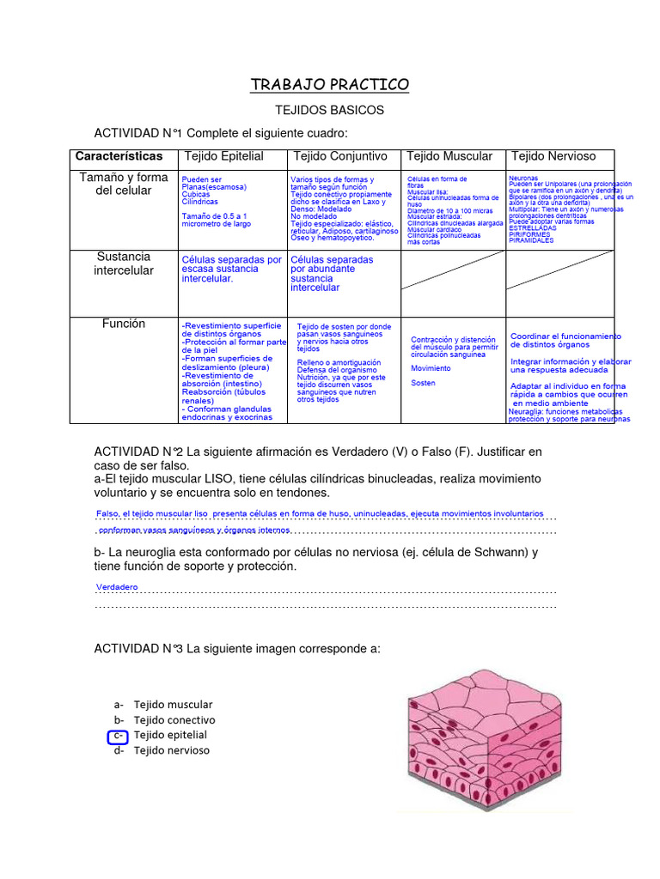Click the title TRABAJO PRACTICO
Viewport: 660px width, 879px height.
coord(330,85)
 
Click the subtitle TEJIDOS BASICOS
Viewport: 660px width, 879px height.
coord(329,111)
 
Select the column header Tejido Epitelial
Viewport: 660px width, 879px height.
coord(223,156)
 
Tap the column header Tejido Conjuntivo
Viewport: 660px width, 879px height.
coord(340,156)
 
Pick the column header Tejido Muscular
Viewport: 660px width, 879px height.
coord(449,156)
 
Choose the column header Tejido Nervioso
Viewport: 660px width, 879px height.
coord(553,156)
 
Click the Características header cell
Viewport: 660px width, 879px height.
coord(119,156)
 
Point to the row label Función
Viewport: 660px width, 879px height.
coord(124,324)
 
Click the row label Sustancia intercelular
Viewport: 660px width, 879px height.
coord(124,264)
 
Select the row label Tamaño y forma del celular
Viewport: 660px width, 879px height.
coord(124,184)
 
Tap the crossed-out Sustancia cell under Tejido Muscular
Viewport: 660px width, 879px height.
coord(453,270)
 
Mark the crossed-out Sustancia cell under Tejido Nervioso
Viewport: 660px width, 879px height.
coord(559,270)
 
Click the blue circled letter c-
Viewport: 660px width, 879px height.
coord(118,736)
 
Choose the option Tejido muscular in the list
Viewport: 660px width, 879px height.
coord(172,705)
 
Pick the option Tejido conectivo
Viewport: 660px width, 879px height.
coord(174,720)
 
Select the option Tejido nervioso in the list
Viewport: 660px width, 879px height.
coord(171,751)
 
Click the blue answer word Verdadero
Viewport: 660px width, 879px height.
coord(117,587)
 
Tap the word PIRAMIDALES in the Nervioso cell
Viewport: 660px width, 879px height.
coord(531,241)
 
